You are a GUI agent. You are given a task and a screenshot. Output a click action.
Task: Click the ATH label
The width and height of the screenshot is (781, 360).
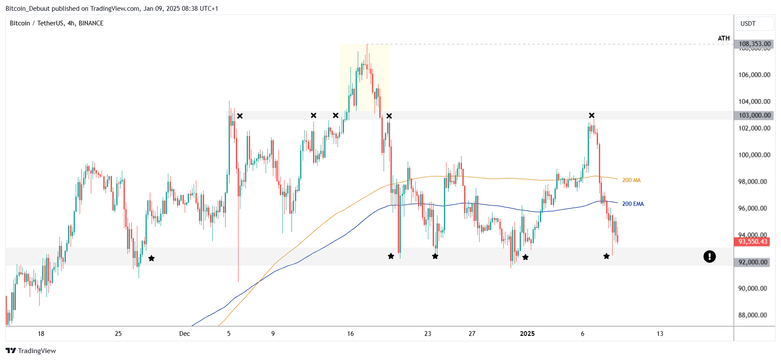[x=723, y=38]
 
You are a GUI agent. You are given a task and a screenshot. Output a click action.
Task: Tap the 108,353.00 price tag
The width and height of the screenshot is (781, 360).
[x=754, y=44]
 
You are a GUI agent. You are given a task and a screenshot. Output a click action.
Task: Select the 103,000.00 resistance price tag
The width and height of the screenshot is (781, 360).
[x=754, y=115]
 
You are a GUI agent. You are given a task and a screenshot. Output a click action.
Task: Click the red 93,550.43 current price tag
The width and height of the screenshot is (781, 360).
[x=753, y=242]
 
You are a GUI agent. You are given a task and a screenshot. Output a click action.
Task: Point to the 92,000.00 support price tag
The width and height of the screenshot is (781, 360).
[x=753, y=262]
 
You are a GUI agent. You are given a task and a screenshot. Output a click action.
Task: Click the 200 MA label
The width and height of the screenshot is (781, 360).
[x=631, y=180]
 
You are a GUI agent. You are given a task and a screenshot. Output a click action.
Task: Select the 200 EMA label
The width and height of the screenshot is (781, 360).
[x=633, y=204]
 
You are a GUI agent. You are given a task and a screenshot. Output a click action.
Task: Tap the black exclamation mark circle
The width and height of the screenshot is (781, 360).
[x=710, y=257]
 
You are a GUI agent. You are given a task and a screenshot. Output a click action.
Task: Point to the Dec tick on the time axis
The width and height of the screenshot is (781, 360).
[x=184, y=334]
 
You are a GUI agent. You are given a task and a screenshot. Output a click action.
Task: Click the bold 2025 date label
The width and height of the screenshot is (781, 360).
[x=527, y=334]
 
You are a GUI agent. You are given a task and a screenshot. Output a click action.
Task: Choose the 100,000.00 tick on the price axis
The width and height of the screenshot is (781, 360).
[x=754, y=155]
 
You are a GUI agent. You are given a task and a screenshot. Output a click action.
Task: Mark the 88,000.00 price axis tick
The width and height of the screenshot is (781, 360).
[x=754, y=315]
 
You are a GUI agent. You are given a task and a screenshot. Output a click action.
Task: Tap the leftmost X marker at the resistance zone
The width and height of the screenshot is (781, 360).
[x=240, y=116]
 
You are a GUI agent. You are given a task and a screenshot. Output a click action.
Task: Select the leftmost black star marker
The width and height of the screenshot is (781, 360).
[x=152, y=258]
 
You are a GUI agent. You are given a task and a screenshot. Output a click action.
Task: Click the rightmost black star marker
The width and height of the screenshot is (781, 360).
[x=606, y=256]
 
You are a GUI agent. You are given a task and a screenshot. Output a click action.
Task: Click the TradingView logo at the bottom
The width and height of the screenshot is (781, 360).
[x=31, y=351]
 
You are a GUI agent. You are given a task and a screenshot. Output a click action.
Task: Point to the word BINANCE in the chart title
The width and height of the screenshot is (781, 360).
[x=91, y=23]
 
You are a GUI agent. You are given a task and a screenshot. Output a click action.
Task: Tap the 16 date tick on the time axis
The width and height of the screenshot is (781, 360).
[x=350, y=334]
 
